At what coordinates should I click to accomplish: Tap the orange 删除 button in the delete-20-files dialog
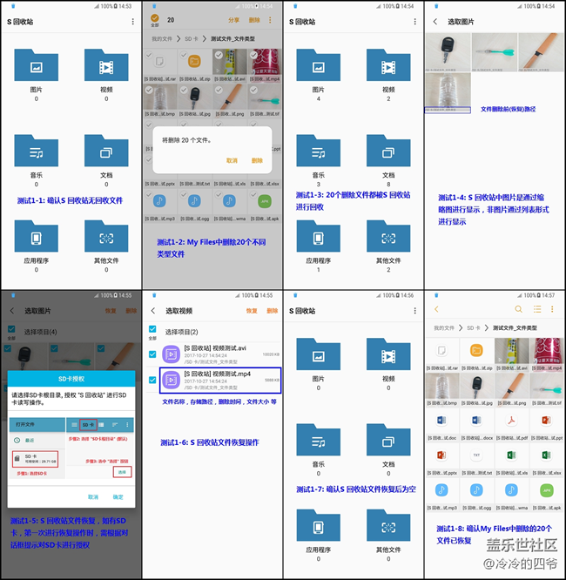click(x=257, y=160)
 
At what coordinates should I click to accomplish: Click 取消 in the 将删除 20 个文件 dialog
click(x=232, y=160)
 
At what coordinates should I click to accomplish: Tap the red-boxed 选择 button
click(x=123, y=471)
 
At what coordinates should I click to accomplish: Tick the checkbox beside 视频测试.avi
click(x=153, y=353)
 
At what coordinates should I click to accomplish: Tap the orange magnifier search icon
click(x=519, y=309)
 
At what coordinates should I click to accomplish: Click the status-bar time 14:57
click(x=549, y=295)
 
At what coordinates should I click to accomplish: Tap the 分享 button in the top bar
click(x=233, y=20)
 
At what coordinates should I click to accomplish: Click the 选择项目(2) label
click(x=182, y=332)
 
